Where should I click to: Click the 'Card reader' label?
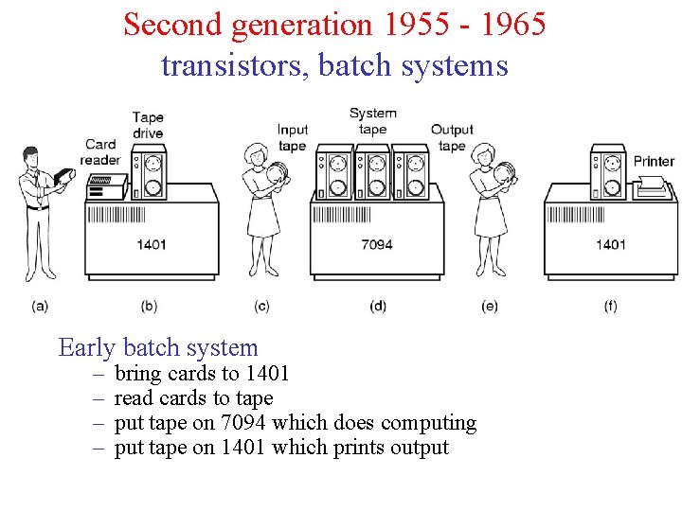click(100, 152)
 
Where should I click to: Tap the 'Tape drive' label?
click(148, 125)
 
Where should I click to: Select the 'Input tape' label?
click(293, 137)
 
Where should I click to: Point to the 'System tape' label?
click(372, 121)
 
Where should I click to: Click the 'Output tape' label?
click(452, 137)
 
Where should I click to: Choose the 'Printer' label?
click(654, 161)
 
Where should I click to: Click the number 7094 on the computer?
click(376, 244)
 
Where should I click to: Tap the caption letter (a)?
click(40, 306)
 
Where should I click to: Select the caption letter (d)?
click(378, 306)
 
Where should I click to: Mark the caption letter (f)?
click(610, 306)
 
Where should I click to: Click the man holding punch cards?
click(38, 213)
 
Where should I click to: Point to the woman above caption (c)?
click(261, 213)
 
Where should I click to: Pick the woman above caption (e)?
click(489, 213)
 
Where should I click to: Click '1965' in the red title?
click(511, 24)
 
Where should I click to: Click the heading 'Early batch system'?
click(158, 347)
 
